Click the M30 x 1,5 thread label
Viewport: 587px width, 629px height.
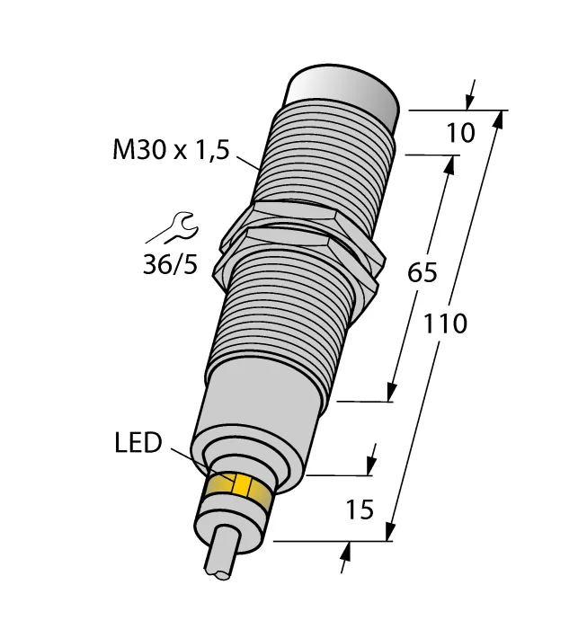point(172,150)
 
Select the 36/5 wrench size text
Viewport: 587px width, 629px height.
point(171,265)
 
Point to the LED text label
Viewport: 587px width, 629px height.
point(138,443)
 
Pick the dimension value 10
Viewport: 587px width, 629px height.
point(460,133)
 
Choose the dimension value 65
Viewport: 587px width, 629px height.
point(422,273)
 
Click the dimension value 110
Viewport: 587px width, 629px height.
point(445,323)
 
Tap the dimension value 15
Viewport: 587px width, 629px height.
point(360,509)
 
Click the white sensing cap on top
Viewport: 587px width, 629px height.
point(344,93)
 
